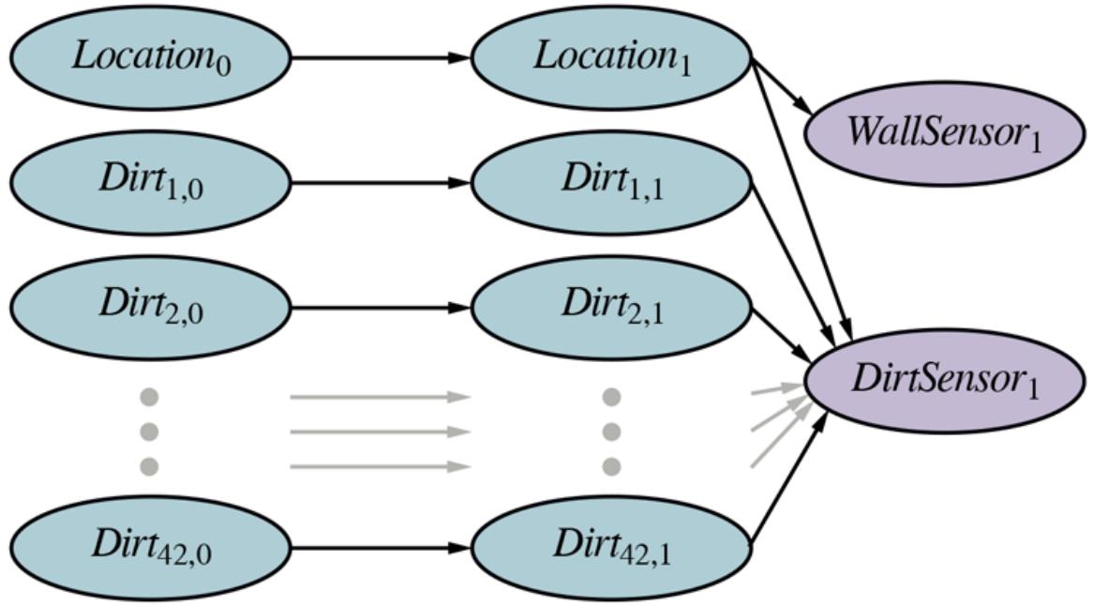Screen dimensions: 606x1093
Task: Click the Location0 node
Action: tap(150, 57)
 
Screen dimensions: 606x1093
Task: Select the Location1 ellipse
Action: tap(611, 57)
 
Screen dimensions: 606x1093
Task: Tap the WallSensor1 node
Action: tap(944, 132)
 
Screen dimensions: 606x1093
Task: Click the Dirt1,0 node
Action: tap(150, 182)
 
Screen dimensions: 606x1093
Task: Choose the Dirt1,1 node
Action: tap(611, 182)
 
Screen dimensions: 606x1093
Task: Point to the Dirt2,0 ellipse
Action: tap(150, 307)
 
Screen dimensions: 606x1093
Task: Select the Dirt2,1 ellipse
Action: tap(611, 307)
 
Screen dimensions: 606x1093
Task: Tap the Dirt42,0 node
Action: tap(150, 547)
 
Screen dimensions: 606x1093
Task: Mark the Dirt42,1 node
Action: tap(611, 547)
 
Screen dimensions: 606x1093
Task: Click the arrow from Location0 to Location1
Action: tap(380, 57)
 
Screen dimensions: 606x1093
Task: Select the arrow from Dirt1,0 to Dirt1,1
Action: tap(380, 182)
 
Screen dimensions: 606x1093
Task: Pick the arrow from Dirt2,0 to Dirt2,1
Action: tap(380, 307)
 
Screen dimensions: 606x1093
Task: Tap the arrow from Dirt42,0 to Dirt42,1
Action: tap(380, 547)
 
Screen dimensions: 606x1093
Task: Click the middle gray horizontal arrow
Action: tap(380, 432)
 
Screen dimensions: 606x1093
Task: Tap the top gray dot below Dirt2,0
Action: tap(149, 398)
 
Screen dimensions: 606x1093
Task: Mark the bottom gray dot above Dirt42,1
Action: tap(611, 465)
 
